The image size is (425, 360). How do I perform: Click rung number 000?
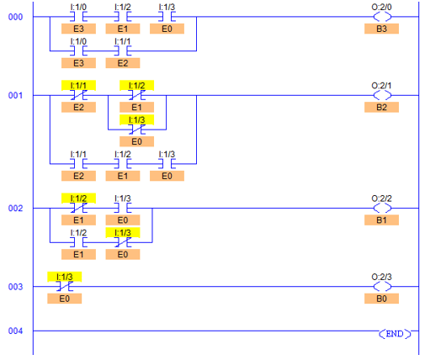[x=15, y=17]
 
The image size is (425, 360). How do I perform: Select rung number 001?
[x=15, y=95]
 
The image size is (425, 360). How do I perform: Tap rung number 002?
[x=15, y=209]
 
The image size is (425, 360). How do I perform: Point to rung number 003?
[x=15, y=287]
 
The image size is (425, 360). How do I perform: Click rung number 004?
[x=15, y=331]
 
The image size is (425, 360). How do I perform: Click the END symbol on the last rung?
[x=395, y=334]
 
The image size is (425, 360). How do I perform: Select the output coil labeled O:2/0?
[x=382, y=17]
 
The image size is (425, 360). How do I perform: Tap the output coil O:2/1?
[x=382, y=95]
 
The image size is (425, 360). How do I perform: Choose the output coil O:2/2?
[x=382, y=209]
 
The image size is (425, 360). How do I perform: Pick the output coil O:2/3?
[x=382, y=287]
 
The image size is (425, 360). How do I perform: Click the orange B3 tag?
[x=381, y=29]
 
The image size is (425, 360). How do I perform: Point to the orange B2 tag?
[x=381, y=108]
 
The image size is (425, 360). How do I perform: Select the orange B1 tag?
[x=381, y=220]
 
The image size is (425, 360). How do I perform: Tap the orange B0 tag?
[x=381, y=299]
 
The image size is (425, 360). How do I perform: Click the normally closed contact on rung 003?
[x=65, y=287]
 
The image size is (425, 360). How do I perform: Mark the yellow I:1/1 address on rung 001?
[x=78, y=86]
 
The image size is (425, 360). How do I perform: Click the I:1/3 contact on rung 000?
[x=167, y=17]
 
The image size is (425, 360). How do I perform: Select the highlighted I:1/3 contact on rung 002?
[x=123, y=242]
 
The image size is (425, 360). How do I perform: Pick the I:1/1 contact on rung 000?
[x=123, y=51]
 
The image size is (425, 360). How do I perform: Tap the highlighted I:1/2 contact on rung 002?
[x=78, y=208]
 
